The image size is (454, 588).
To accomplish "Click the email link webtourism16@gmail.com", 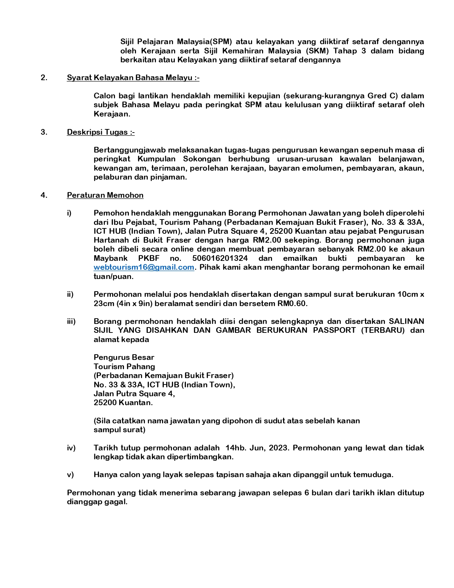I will tap(144, 267).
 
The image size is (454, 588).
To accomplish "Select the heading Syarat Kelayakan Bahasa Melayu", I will tap(133, 78).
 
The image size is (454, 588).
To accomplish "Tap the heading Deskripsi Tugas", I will tap(100, 132).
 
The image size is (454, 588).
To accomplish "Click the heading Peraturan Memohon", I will tap(105, 195).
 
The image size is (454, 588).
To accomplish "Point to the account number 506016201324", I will tap(220, 258).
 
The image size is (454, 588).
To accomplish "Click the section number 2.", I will tap(44, 78).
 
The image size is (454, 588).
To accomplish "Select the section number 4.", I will tap(44, 195).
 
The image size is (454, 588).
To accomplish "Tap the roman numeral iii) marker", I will tap(71, 321).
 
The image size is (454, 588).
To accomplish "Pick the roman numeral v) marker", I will tap(70, 475).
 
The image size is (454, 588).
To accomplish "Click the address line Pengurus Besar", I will tap(124, 357).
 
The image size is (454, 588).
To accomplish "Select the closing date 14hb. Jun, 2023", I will tap(255, 448).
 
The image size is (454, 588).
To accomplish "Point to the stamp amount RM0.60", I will tap(292, 304).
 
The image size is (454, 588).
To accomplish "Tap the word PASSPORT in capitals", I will tap(334, 330).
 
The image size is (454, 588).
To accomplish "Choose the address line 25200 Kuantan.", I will tap(123, 403).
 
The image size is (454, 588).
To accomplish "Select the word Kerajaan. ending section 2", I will tap(112, 114).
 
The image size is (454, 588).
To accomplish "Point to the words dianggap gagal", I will tap(97, 502).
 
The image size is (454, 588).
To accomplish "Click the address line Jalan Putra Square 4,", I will tap(134, 394).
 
